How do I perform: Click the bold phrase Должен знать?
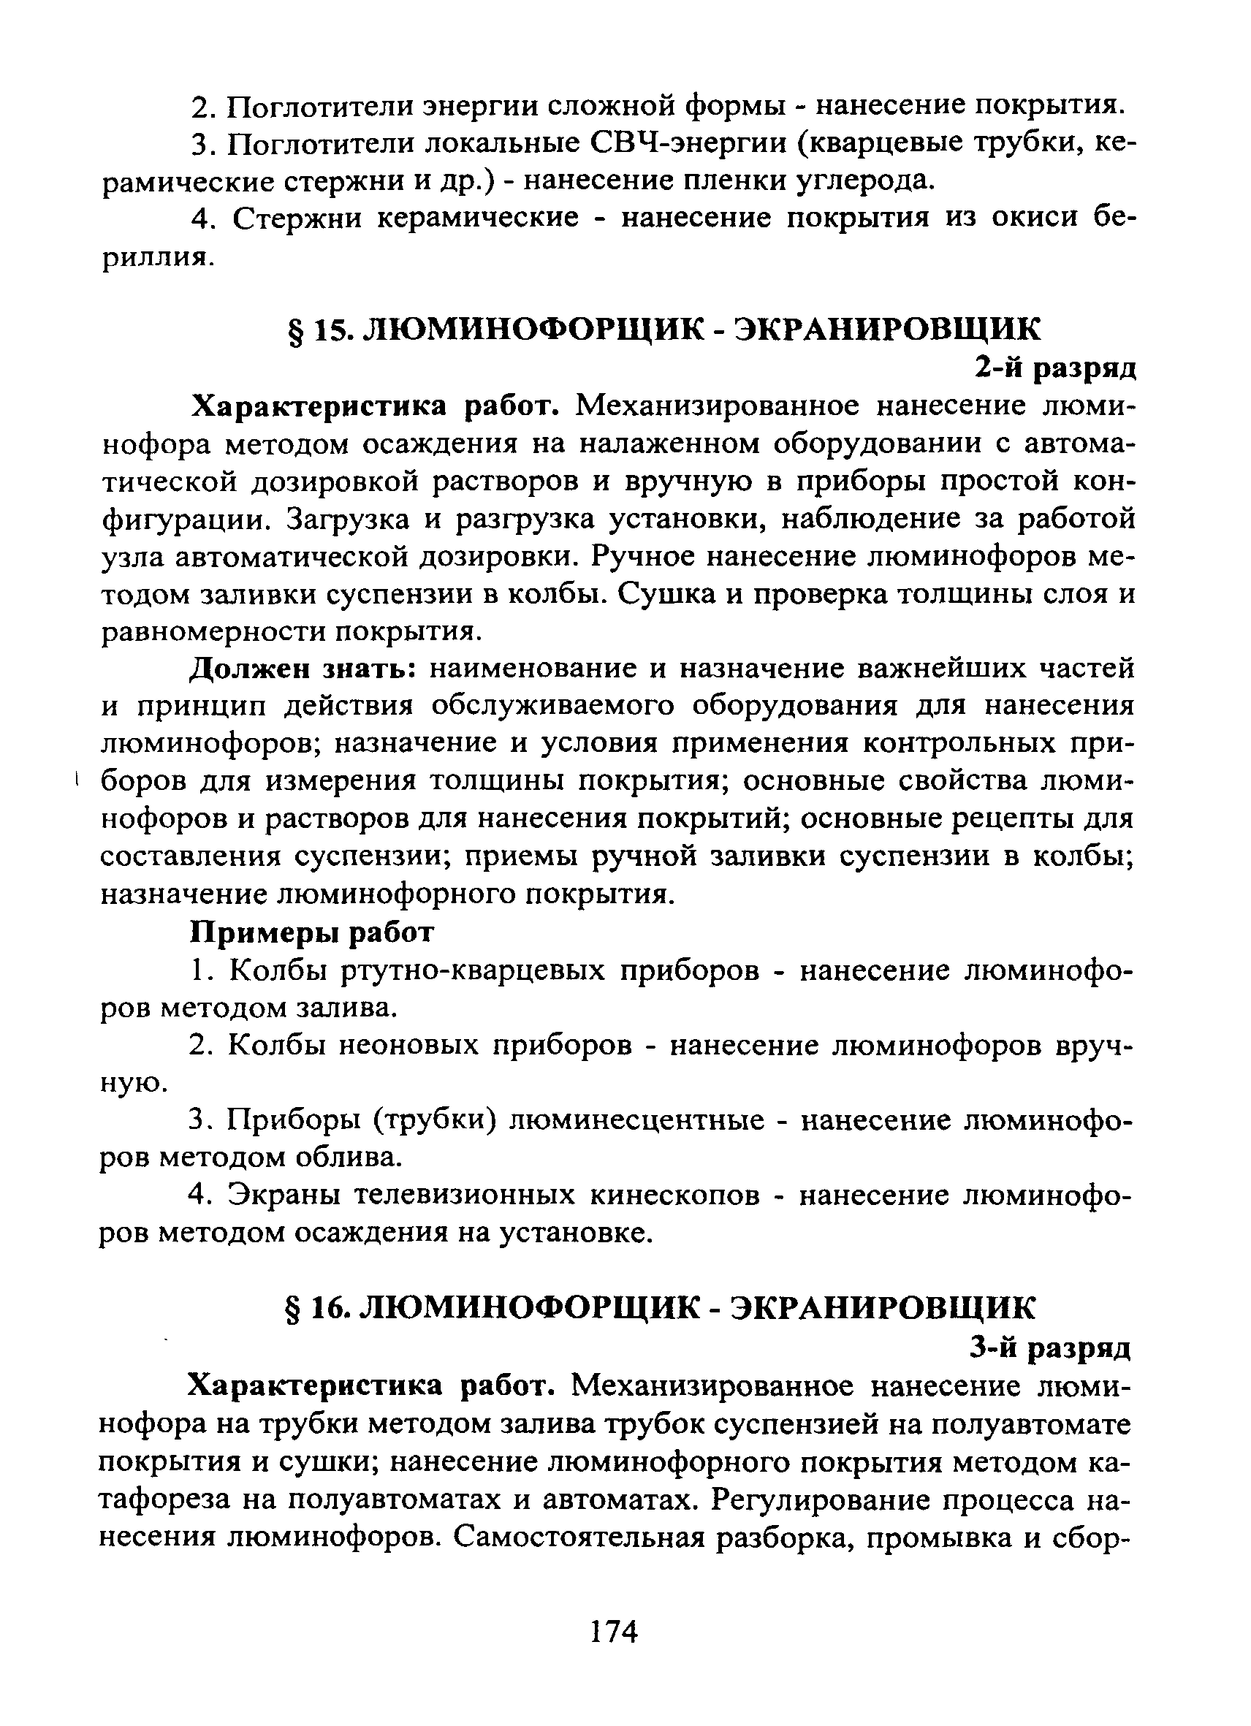click(301, 668)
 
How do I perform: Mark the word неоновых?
click(407, 1046)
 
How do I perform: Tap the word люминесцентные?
click(636, 1120)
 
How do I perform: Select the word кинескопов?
click(674, 1195)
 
